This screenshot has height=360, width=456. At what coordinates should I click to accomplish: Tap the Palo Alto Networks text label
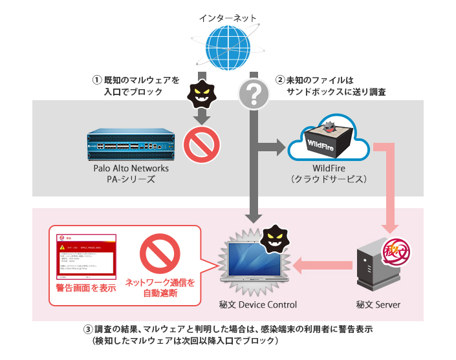131,168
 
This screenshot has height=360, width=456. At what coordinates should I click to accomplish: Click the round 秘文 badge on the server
396,249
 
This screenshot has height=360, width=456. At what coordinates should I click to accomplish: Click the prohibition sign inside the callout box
159,256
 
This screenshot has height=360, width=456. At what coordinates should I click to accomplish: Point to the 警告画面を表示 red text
86,288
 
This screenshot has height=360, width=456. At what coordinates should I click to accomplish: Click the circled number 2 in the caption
280,81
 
